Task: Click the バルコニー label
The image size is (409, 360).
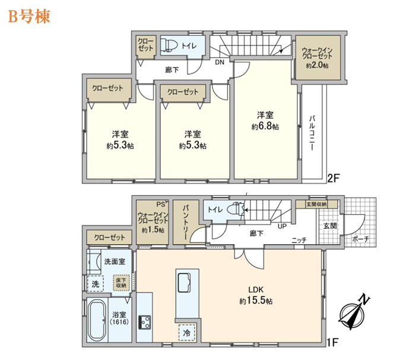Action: tap(312, 131)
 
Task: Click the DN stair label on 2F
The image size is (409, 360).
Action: tap(220, 62)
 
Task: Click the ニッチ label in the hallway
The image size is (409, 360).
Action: tap(299, 240)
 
